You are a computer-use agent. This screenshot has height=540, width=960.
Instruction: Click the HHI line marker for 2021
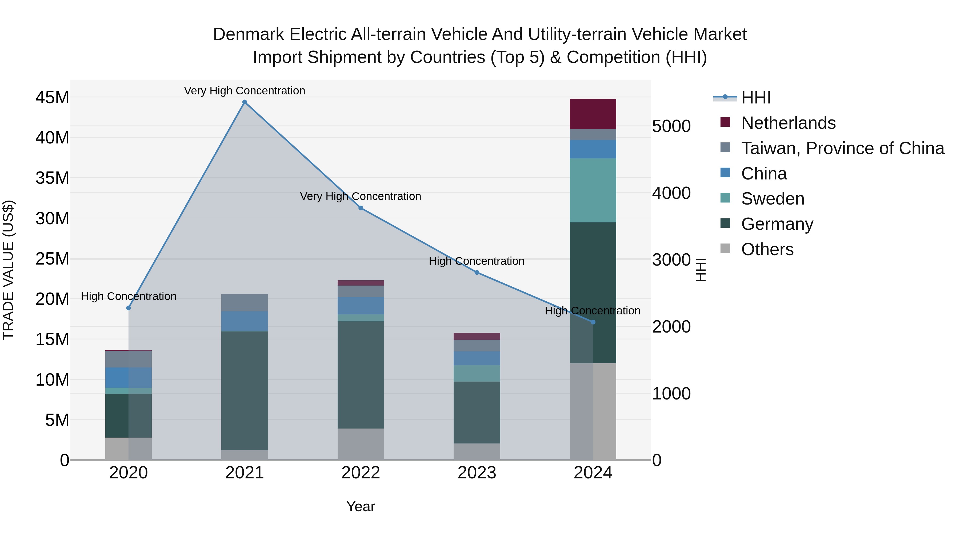[245, 102]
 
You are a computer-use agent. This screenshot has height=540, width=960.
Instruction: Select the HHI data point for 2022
[361, 208]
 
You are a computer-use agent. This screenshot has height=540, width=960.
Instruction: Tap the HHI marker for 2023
[477, 273]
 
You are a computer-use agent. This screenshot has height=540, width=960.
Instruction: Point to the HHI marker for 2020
[129, 308]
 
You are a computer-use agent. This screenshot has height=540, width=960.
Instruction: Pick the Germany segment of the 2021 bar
[245, 391]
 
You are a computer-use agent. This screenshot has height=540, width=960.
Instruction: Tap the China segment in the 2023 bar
[477, 358]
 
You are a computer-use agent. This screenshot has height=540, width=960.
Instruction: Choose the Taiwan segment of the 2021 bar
[245, 303]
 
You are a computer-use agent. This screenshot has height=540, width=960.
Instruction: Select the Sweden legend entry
[772, 199]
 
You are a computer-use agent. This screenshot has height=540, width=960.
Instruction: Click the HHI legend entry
[755, 98]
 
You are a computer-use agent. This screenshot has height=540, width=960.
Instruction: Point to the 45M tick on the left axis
[52, 98]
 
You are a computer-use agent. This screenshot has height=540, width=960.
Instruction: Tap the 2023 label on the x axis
[477, 473]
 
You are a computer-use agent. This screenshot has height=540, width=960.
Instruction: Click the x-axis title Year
[361, 506]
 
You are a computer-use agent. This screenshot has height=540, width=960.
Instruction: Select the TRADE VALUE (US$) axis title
[8, 270]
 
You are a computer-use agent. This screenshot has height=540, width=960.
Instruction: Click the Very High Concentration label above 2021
[245, 91]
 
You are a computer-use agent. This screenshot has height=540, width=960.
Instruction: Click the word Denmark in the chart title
[249, 34]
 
